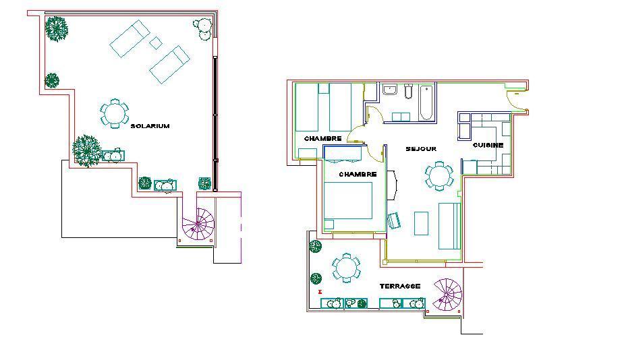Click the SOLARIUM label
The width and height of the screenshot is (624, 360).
tap(150, 126)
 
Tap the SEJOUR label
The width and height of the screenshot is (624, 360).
tap(421, 149)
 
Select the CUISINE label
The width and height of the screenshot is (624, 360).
tap(488, 145)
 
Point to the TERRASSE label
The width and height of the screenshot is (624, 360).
tap(400, 286)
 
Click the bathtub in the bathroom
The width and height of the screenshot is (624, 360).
tap(426, 102)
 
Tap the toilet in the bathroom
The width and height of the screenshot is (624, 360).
tap(408, 91)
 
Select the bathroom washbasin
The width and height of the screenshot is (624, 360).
tap(390, 90)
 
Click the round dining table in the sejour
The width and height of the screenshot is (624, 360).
tap(439, 175)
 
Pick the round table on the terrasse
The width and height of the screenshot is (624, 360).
tap(346, 268)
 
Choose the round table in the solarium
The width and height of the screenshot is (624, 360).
tap(115, 113)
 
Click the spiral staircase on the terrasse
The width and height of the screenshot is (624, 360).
tap(448, 295)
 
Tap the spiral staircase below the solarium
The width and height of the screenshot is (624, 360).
tap(198, 224)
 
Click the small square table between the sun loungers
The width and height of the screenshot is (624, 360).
tap(156, 42)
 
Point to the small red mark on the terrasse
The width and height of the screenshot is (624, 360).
tap(320, 292)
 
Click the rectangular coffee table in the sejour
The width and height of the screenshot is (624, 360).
tap(421, 224)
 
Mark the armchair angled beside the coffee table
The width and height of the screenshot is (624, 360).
tap(395, 220)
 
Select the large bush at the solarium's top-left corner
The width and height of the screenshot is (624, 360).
tap(56, 28)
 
